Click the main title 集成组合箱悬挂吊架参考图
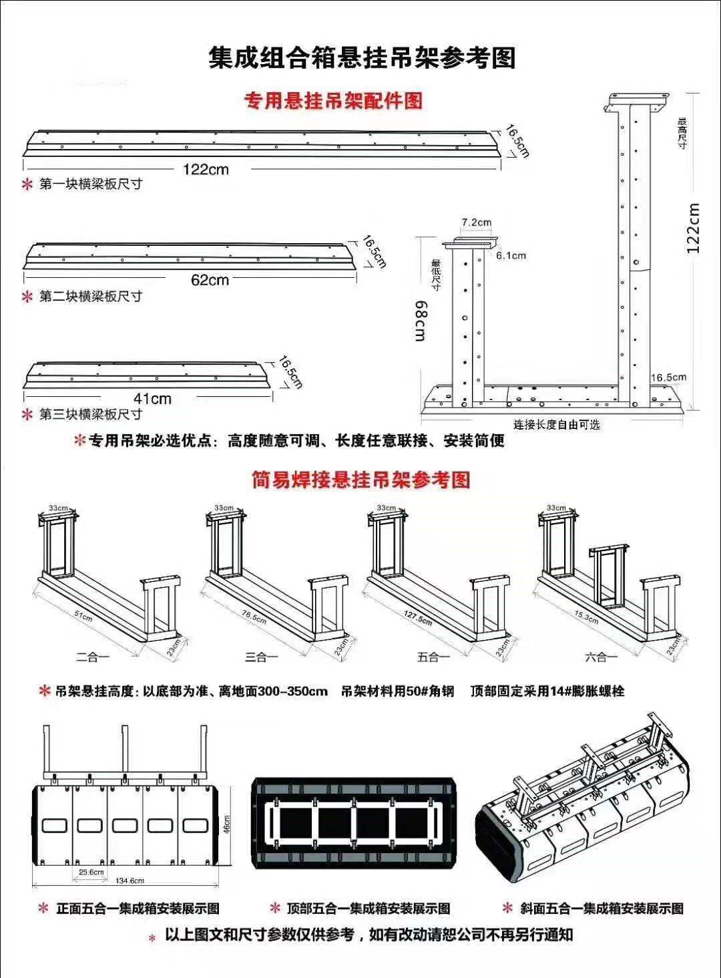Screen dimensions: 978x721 (362, 57)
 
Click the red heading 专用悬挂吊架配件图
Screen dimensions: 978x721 (334, 102)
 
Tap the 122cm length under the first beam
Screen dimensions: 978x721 (206, 169)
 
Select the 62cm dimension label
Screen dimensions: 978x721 (210, 280)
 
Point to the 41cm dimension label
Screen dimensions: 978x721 (152, 399)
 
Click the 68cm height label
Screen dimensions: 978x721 (421, 321)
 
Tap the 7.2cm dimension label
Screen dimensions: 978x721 (476, 222)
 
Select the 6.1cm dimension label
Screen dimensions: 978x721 (511, 255)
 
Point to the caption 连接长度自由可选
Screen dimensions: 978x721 (556, 424)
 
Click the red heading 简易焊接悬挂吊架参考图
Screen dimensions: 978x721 (361, 480)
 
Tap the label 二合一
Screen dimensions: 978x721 (92, 657)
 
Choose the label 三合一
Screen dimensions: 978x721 (261, 657)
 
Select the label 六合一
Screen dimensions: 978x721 (601, 657)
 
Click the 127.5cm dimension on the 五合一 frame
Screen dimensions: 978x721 (418, 617)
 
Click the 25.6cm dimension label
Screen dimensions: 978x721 (91, 872)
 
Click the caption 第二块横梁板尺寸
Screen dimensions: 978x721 (91, 296)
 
